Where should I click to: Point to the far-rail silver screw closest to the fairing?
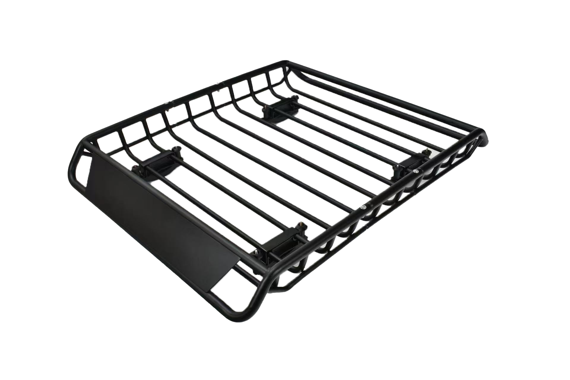point(166,104)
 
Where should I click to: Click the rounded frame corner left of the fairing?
point(78,157)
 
